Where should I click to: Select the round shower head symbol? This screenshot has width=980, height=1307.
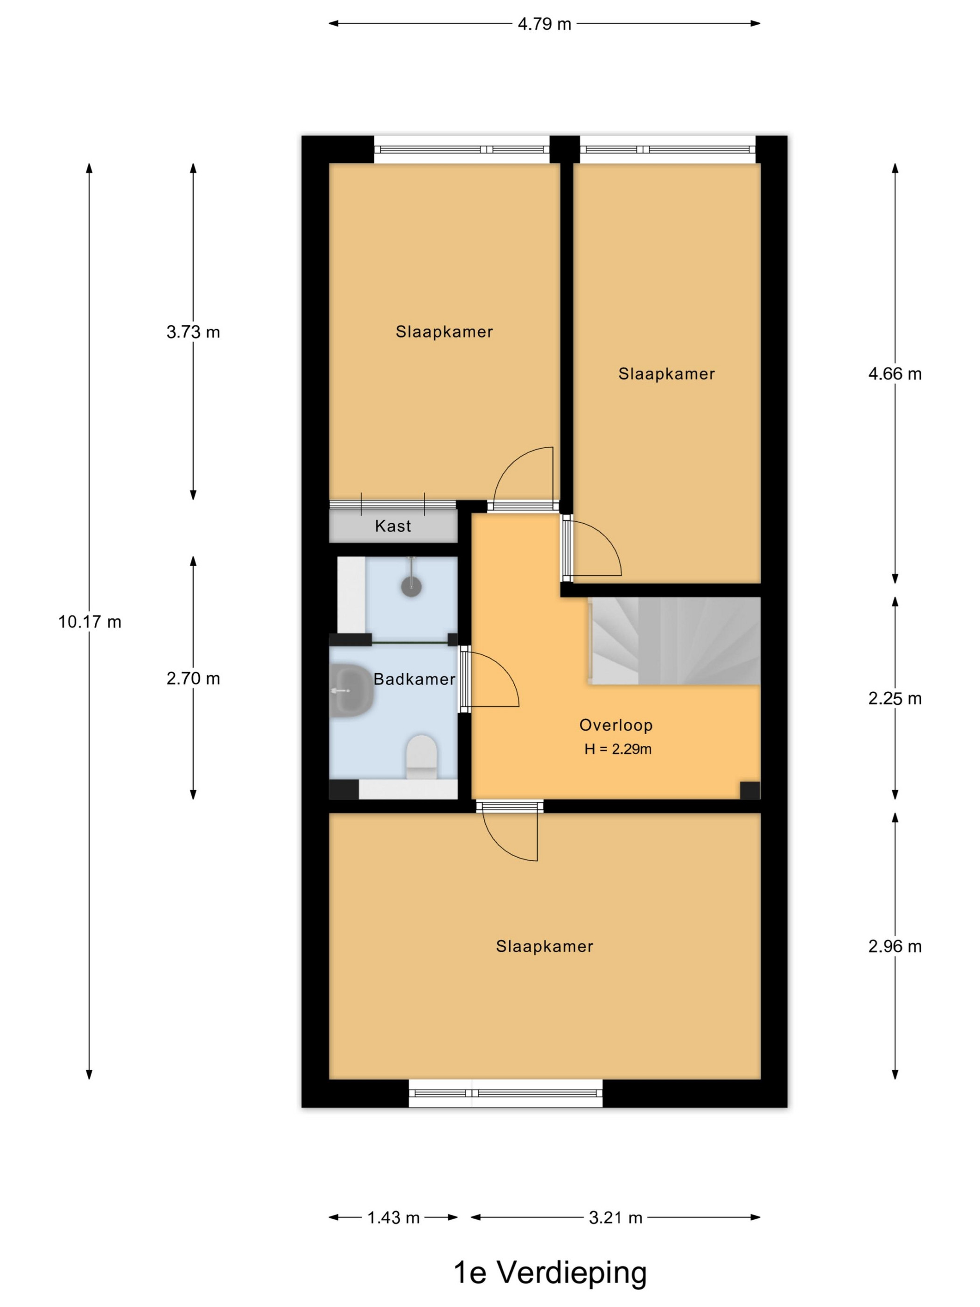[411, 586]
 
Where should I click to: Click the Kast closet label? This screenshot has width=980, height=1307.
[393, 526]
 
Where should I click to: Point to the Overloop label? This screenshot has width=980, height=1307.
[616, 725]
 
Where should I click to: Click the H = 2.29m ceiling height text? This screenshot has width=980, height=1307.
[618, 749]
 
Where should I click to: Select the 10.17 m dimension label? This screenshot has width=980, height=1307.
[90, 622]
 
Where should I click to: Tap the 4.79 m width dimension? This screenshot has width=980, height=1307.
[544, 24]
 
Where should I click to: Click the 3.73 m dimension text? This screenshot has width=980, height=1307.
[193, 332]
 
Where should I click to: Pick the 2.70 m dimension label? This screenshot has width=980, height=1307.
[193, 678]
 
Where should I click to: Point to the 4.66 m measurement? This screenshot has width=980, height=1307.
[894, 374]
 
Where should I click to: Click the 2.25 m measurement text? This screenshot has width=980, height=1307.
[894, 698]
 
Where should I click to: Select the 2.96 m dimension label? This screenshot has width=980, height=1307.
[894, 947]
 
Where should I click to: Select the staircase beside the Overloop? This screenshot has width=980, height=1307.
[674, 641]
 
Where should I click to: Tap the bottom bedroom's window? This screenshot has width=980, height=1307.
[506, 1093]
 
